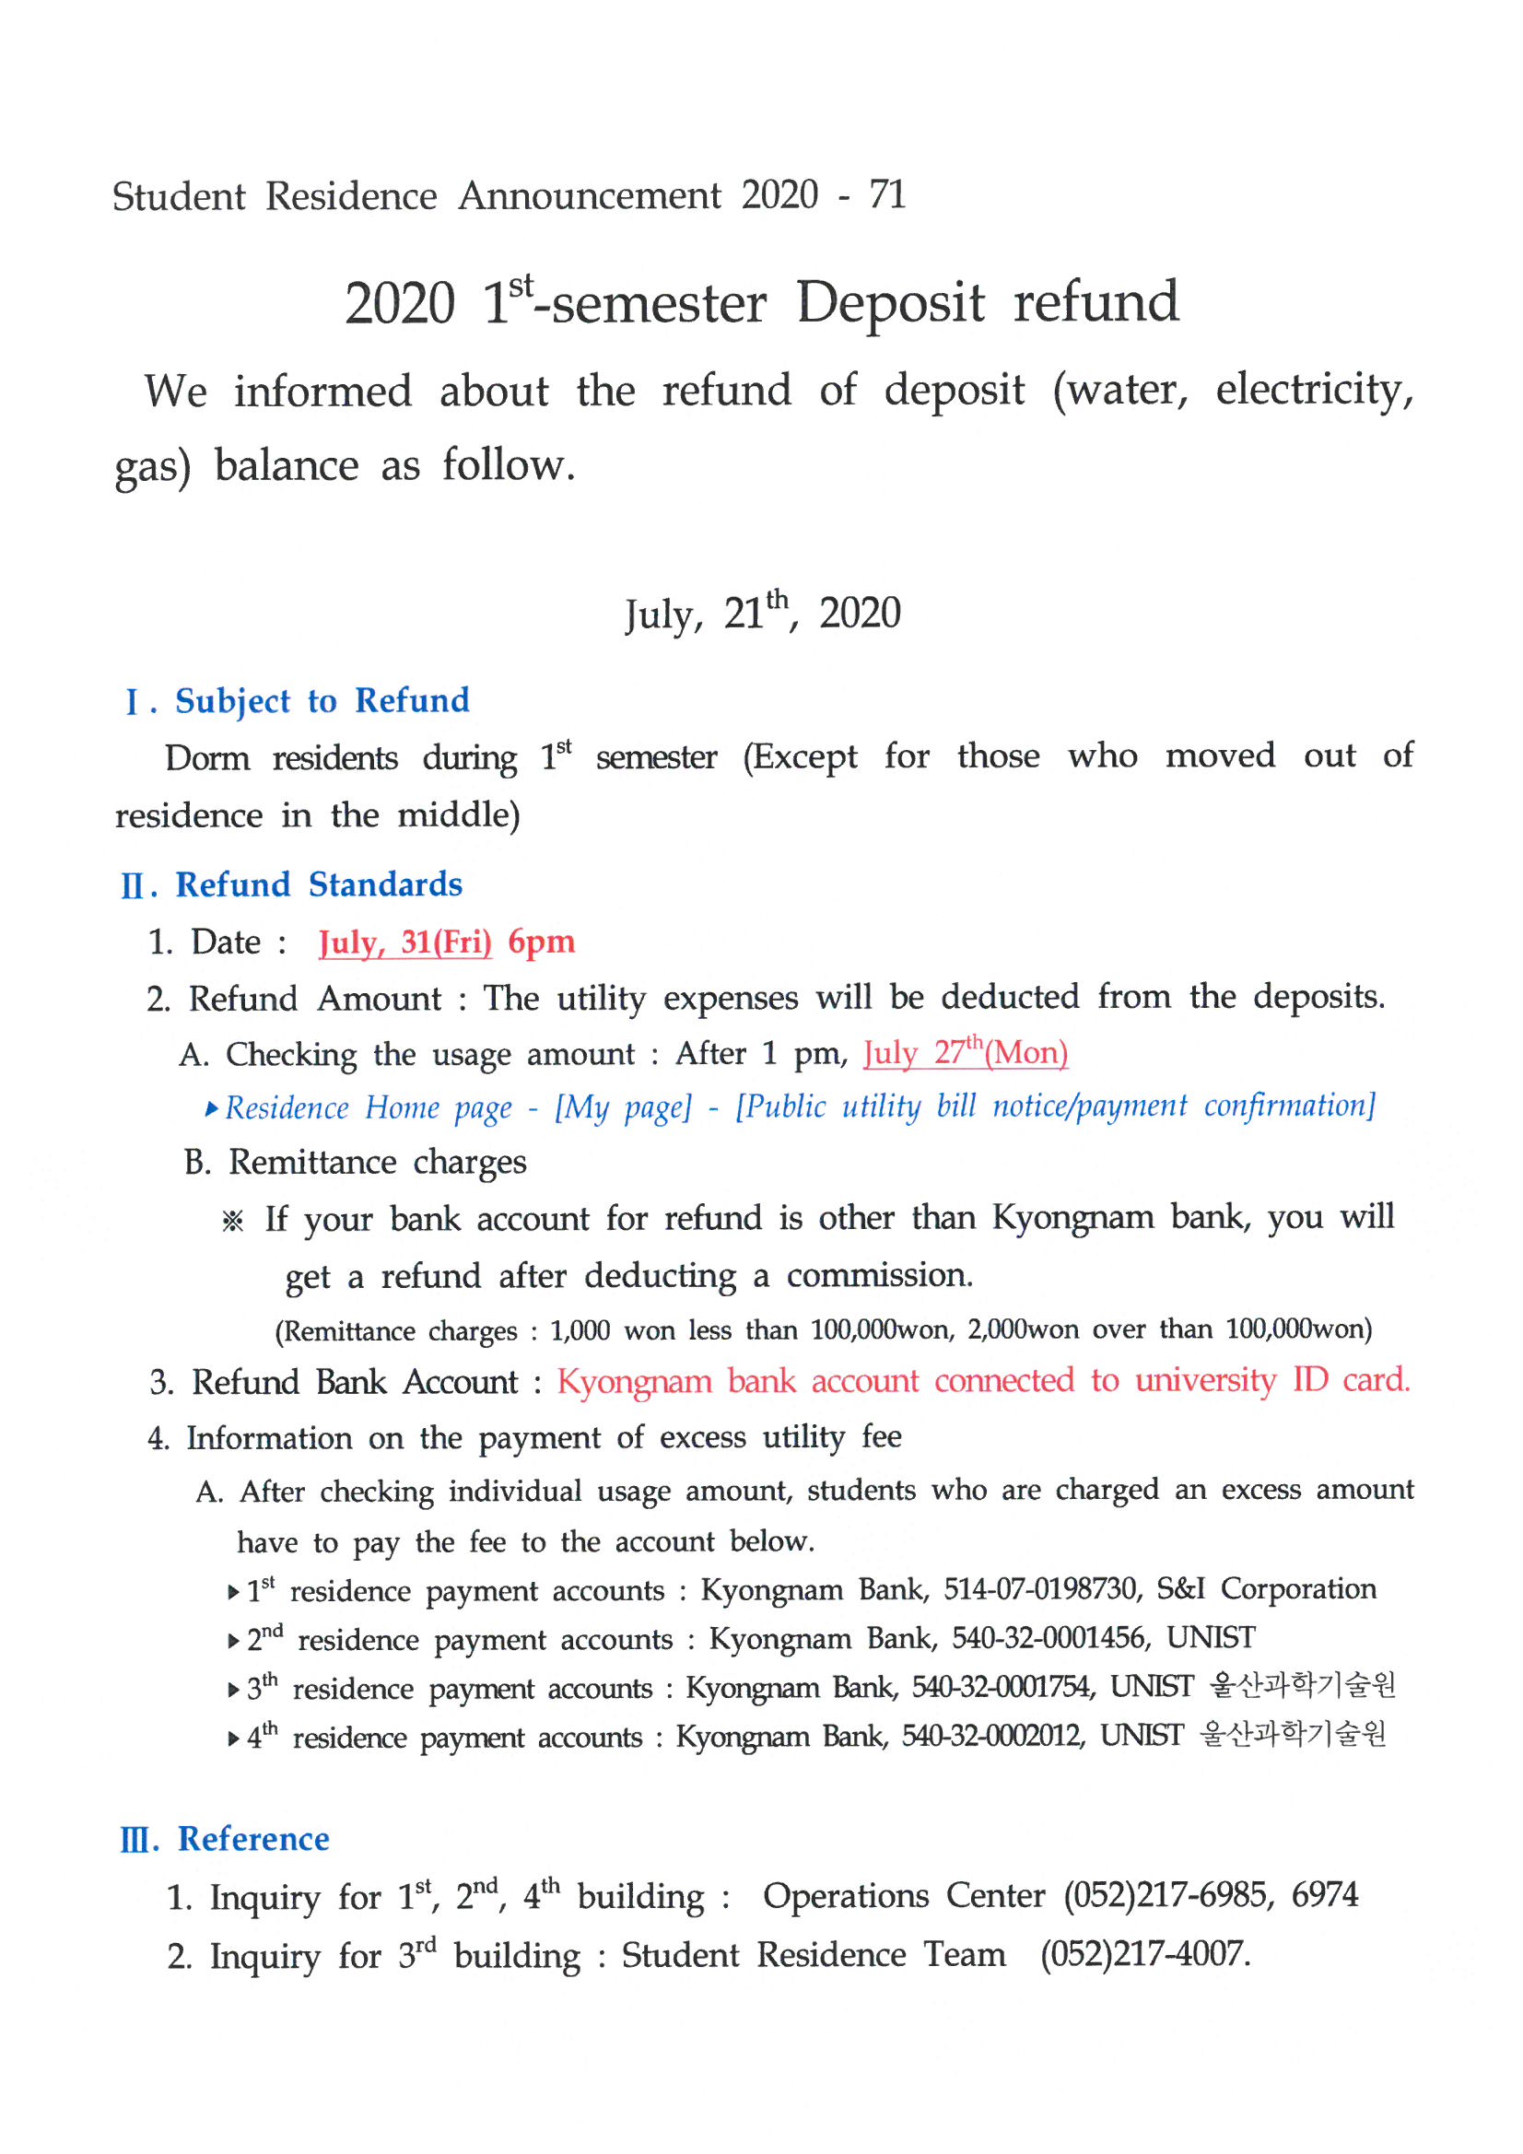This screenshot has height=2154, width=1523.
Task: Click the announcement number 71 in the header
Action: coord(885,195)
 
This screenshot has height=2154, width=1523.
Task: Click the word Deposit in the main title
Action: coord(891,303)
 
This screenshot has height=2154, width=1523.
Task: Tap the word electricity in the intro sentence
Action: coord(1313,391)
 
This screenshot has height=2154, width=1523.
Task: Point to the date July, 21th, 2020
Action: coord(762,613)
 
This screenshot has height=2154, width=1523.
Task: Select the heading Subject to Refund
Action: coord(322,701)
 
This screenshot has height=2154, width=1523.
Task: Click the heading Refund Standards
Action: coord(318,884)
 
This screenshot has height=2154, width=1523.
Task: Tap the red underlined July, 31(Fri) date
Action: coord(404,942)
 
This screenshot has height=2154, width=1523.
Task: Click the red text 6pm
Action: coord(542,942)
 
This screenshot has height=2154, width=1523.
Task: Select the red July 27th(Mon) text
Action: coord(966,1054)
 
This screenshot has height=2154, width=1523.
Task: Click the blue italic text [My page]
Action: coord(623,1108)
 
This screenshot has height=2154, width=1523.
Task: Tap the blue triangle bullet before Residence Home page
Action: coord(212,1110)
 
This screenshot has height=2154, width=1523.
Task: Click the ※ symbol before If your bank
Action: coord(233,1221)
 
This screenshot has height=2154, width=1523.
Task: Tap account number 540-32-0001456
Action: coord(1049,1638)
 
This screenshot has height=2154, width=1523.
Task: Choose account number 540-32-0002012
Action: coord(992,1736)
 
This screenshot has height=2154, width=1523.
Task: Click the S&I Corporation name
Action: coord(1266,1589)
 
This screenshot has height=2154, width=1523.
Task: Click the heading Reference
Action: coord(253,1840)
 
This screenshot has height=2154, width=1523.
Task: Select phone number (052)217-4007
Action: coord(1144,1955)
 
